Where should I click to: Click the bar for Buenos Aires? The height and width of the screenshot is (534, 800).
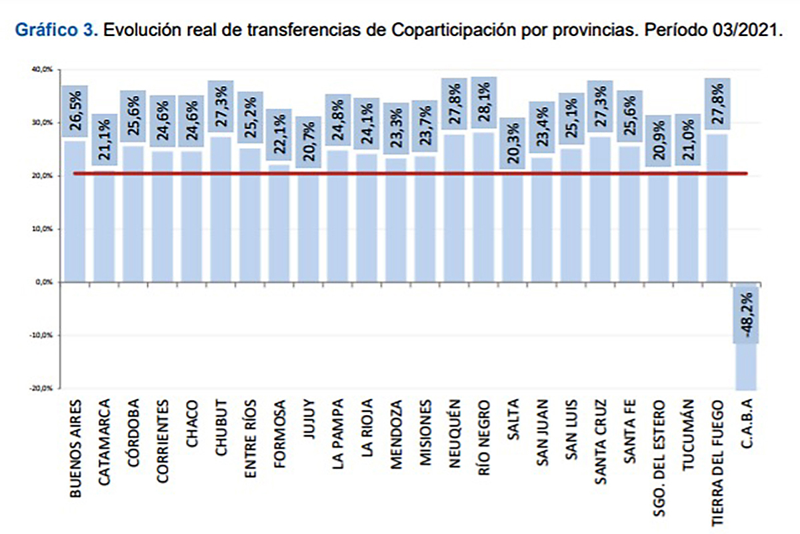click(75, 214)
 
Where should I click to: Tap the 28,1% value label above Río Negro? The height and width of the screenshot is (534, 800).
click(483, 101)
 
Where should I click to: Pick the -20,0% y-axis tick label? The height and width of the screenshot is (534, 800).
click(46, 388)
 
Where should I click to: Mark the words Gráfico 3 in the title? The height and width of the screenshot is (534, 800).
click(56, 31)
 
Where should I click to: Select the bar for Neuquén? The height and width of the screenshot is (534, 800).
click(454, 207)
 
